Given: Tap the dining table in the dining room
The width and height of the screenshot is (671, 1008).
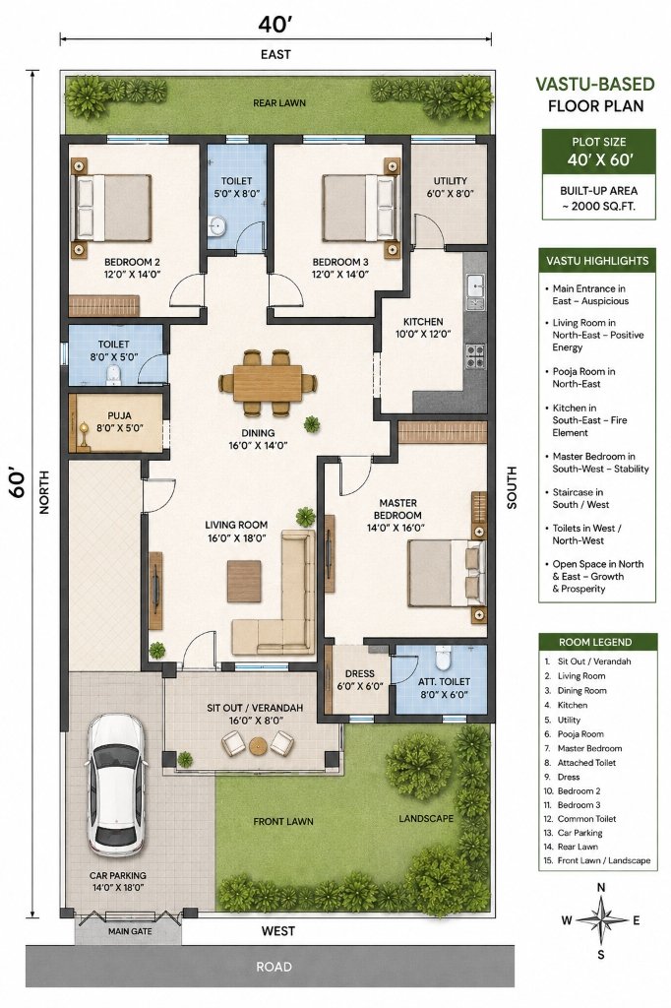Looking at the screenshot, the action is click(x=268, y=383).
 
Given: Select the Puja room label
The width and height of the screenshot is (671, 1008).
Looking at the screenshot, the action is click(x=120, y=421).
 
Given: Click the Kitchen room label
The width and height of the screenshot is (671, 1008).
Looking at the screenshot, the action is click(x=423, y=328).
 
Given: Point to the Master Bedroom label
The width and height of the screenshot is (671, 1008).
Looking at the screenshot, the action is click(x=397, y=515).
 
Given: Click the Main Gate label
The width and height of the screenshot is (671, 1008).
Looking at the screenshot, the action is click(x=130, y=931).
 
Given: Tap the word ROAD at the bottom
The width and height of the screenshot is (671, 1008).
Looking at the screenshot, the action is click(x=274, y=967).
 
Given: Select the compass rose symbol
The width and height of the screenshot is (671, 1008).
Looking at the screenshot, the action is click(x=601, y=920).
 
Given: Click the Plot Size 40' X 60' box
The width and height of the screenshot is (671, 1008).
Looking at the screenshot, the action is click(x=599, y=152).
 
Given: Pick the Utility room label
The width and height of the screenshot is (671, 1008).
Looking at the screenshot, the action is click(x=450, y=187).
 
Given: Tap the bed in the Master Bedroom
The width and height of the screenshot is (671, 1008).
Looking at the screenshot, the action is click(x=447, y=573).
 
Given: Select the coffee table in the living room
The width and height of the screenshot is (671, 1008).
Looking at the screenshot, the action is click(x=244, y=581).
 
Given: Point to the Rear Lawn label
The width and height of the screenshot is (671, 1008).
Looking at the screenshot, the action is click(x=279, y=102).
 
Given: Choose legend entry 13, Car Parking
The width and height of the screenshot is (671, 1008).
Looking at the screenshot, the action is click(x=573, y=833).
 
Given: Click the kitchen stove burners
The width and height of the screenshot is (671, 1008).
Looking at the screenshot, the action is click(x=475, y=356).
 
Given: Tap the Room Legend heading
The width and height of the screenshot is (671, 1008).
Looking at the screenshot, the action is click(x=595, y=642).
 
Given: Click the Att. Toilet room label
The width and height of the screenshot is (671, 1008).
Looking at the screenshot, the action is click(x=444, y=688).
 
